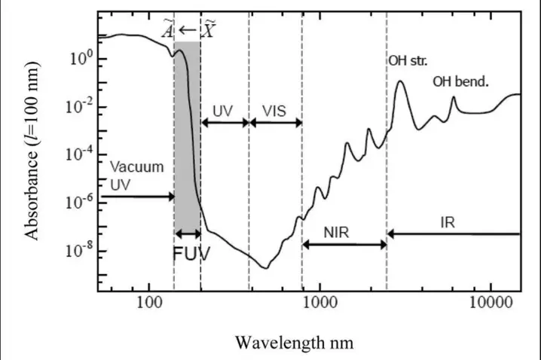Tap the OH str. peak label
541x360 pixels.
click(x=408, y=59)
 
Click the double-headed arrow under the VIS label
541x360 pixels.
click(x=275, y=123)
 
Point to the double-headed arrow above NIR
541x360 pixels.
click(x=344, y=243)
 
